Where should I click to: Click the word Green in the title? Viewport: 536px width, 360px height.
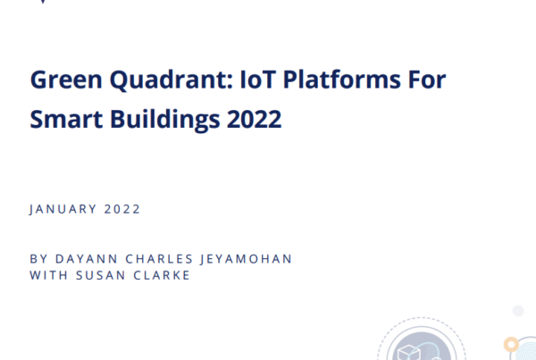(66, 80)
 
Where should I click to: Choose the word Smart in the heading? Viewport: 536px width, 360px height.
(66, 120)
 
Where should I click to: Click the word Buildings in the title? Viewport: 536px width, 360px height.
(164, 120)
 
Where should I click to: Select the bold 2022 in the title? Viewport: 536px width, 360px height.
(254, 120)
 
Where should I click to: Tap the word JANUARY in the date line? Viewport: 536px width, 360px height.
(63, 209)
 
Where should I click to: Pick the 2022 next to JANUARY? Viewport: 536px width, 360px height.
(122, 209)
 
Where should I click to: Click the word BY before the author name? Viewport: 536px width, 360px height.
(38, 259)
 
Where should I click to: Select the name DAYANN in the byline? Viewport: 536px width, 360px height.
(87, 259)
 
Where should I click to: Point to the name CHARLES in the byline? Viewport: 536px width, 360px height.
(159, 259)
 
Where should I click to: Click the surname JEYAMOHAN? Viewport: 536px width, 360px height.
(247, 259)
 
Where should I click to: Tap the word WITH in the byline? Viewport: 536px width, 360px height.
(49, 275)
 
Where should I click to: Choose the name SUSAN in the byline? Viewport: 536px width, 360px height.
(100, 275)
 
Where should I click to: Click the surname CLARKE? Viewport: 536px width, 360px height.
(162, 275)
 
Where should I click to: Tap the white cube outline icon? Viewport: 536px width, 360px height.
(409, 353)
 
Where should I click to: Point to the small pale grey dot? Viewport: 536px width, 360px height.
(518, 311)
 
